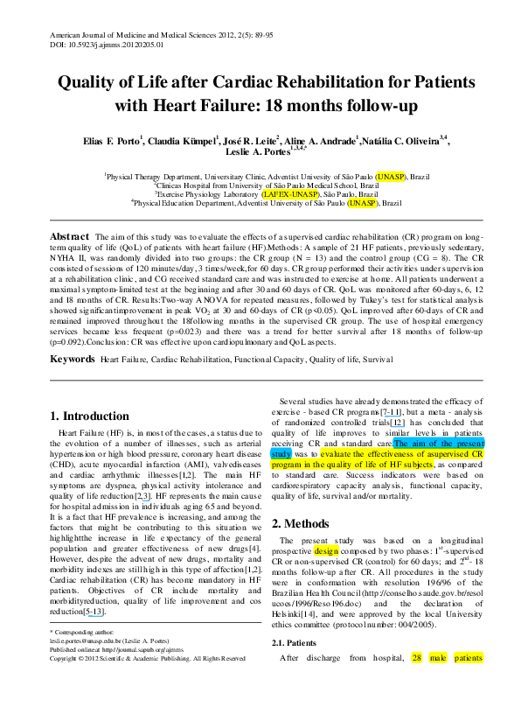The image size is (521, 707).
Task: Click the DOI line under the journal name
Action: pyautogui.click(x=107, y=45)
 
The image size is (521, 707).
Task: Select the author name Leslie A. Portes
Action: pyautogui.click(x=258, y=152)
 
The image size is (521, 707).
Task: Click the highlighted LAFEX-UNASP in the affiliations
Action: pyautogui.click(x=291, y=194)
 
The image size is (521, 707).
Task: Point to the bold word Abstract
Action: pyautogui.click(x=69, y=237)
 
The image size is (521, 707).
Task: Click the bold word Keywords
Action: pyautogui.click(x=72, y=359)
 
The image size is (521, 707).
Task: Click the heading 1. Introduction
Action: pyautogui.click(x=89, y=416)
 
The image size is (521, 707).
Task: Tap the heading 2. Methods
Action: pyautogui.click(x=300, y=523)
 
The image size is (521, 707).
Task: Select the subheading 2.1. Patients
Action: pyautogui.click(x=294, y=643)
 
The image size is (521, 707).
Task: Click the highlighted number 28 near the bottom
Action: pyautogui.click(x=416, y=658)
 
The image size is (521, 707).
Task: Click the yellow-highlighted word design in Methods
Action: pyautogui.click(x=326, y=551)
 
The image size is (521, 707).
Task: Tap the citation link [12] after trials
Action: pyautogui.click(x=397, y=423)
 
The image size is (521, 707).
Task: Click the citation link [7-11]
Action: pyautogui.click(x=391, y=412)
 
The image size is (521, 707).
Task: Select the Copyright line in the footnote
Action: pyautogui.click(x=147, y=659)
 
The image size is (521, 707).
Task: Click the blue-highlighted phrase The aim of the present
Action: pyautogui.click(x=439, y=444)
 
